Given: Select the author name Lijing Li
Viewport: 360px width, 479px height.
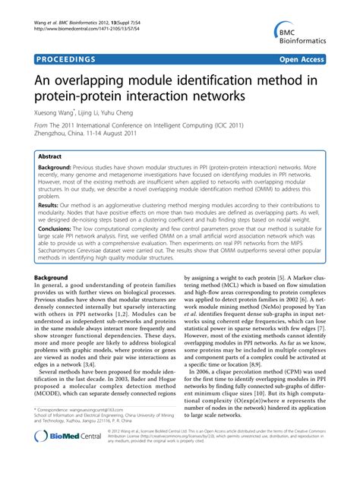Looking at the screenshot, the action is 110,112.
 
